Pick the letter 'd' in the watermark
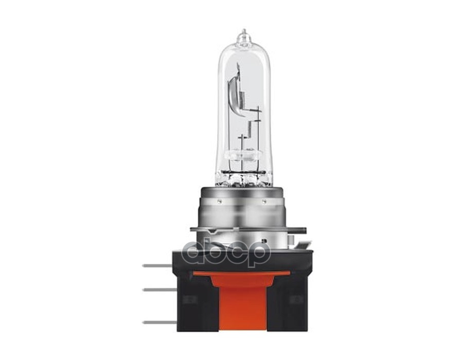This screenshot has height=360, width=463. tap(194, 252)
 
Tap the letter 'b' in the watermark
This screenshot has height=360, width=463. tap(216, 252)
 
